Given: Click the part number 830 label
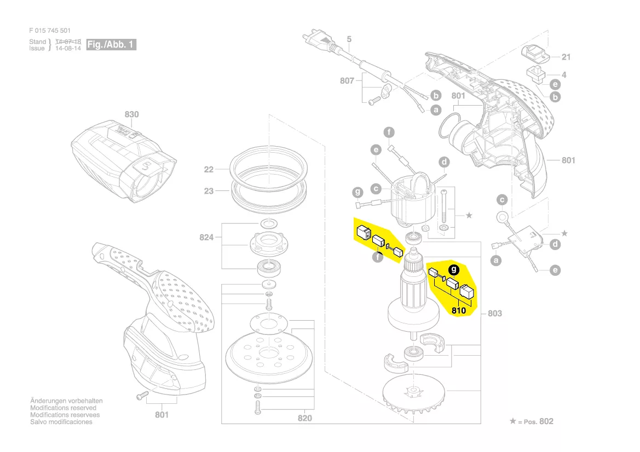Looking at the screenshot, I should click(131, 114).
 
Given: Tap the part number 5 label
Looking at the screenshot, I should click(349, 39).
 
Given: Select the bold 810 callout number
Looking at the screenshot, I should click(459, 311).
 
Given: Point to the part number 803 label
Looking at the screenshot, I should click(495, 314).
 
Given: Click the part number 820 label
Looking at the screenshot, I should click(305, 419).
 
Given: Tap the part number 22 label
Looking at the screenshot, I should click(209, 170).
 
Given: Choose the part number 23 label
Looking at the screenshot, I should click(209, 191).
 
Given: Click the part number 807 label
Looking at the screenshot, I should click(347, 80).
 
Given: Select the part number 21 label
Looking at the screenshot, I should click(566, 57).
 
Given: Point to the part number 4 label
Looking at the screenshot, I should click(564, 74).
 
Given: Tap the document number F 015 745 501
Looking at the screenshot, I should click(50, 31).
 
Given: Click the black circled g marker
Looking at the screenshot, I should click(453, 269).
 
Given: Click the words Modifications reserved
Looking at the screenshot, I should click(63, 408).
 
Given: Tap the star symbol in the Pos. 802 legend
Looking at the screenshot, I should click(512, 421).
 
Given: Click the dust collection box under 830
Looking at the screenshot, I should click(124, 158).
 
